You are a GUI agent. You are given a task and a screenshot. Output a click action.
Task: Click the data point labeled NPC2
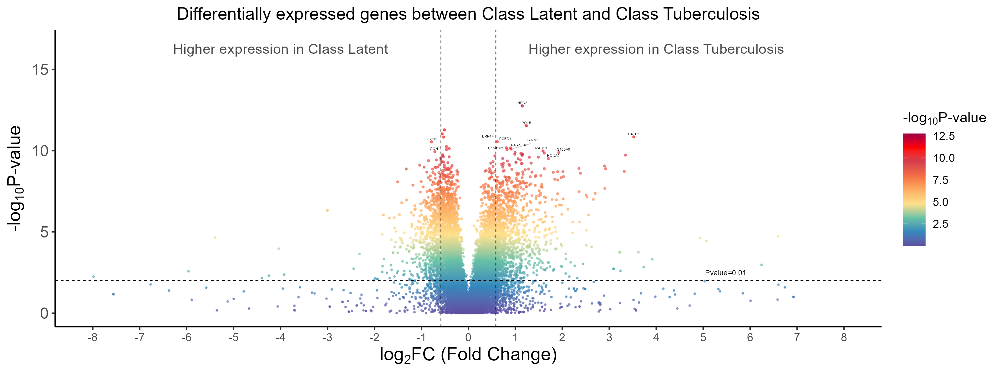tap(522, 106)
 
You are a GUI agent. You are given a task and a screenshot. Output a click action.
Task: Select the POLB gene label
tap(526, 123)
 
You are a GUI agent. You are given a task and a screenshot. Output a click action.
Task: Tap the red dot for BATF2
tap(633, 137)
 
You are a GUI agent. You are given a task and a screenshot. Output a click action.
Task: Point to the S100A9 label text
tap(563, 149)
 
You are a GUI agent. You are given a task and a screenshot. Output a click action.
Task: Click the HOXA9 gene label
tap(553, 156)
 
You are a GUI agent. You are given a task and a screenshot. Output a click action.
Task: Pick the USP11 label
tap(431, 139)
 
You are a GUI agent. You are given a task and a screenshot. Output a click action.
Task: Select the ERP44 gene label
tap(488, 136)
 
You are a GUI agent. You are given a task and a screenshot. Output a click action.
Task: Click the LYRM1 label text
tap(532, 140)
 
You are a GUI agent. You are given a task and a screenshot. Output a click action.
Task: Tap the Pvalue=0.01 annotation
tap(725, 273)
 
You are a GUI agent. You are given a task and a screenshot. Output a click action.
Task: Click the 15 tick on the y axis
tap(40, 70)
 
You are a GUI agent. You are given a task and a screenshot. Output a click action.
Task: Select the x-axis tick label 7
tap(797, 338)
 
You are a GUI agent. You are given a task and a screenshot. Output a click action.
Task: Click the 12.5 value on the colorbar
tap(944, 136)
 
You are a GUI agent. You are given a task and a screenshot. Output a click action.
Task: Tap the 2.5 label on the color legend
tap(940, 224)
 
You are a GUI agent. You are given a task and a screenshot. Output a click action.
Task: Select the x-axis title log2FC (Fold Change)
tap(468, 355)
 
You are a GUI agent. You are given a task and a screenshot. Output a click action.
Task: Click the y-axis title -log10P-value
tap(15, 178)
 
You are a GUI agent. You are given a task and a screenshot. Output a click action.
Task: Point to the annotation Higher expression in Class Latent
tap(280, 49)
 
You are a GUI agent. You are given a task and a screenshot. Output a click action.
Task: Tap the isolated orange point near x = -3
tap(327, 210)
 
